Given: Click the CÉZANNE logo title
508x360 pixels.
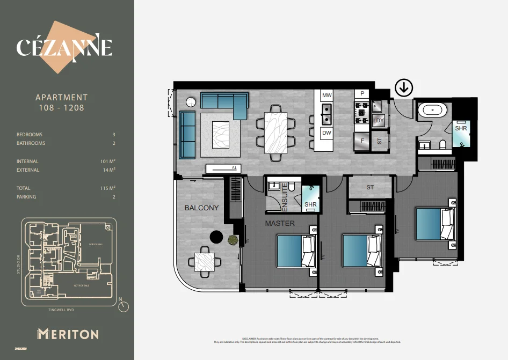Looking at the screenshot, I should click(64, 47).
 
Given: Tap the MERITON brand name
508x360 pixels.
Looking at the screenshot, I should click(68, 334).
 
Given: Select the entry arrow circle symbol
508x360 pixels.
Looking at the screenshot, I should click(403, 87).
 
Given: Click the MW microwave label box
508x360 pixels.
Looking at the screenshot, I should click(326, 95).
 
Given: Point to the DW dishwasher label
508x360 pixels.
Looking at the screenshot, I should click(326, 132).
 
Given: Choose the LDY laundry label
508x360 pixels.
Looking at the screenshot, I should click(379, 121).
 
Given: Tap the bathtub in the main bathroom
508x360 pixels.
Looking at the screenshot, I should click(433, 111).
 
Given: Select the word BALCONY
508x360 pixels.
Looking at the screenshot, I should click(201, 208).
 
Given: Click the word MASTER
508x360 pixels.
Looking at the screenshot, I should click(280, 223).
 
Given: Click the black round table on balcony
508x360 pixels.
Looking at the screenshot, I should click(216, 237).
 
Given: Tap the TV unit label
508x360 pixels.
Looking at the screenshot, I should click(234, 168).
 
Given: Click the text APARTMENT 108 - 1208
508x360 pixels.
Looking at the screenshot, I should click(61, 102).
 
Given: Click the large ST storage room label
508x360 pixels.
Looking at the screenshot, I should click(370, 187).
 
